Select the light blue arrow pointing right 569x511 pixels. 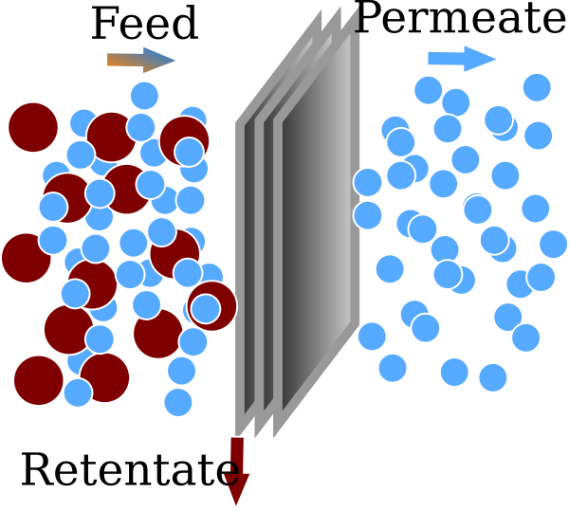463,58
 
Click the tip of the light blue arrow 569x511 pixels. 498,58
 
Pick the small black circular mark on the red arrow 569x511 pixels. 229,473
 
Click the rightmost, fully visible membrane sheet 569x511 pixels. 318,232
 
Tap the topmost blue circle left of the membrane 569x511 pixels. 144,95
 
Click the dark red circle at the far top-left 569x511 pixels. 33,126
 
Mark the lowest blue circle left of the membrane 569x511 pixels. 177,402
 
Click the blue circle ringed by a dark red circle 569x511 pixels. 206,308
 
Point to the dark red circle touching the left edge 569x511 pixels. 23,258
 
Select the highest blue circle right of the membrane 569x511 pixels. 537,87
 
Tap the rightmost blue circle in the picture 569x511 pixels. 553,244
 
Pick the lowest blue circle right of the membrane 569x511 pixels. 492,377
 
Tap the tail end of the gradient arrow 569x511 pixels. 108,60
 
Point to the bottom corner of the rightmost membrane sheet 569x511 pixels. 275,436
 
